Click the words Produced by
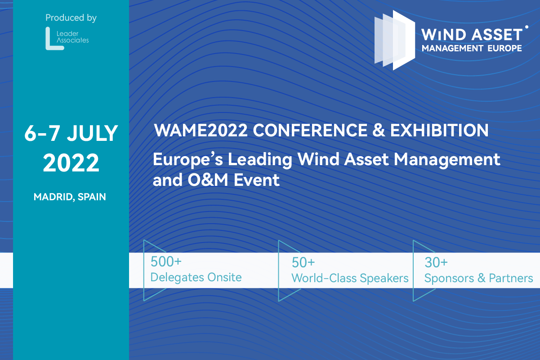(71, 18)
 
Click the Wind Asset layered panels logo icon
(395, 40)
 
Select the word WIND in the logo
(444, 35)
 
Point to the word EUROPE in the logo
(504, 48)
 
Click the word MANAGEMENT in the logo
(452, 48)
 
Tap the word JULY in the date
(92, 133)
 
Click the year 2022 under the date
(71, 163)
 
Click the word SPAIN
(92, 197)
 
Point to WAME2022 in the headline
(201, 130)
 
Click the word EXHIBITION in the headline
(439, 130)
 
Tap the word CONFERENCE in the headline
(310, 130)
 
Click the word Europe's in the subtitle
(188, 160)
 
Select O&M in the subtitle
(208, 180)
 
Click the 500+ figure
(166, 262)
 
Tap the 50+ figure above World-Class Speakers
(303, 262)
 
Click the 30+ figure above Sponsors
(436, 262)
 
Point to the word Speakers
(384, 279)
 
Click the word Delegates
(177, 278)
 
